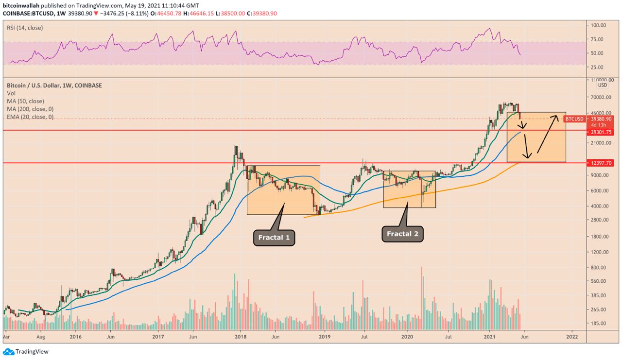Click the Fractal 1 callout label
point(274,238)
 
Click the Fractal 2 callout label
point(402,234)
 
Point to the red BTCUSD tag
point(574,119)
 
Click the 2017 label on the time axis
point(158,336)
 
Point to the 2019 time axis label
point(324,336)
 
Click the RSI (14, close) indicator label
point(25,28)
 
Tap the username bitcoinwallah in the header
point(20,4)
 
